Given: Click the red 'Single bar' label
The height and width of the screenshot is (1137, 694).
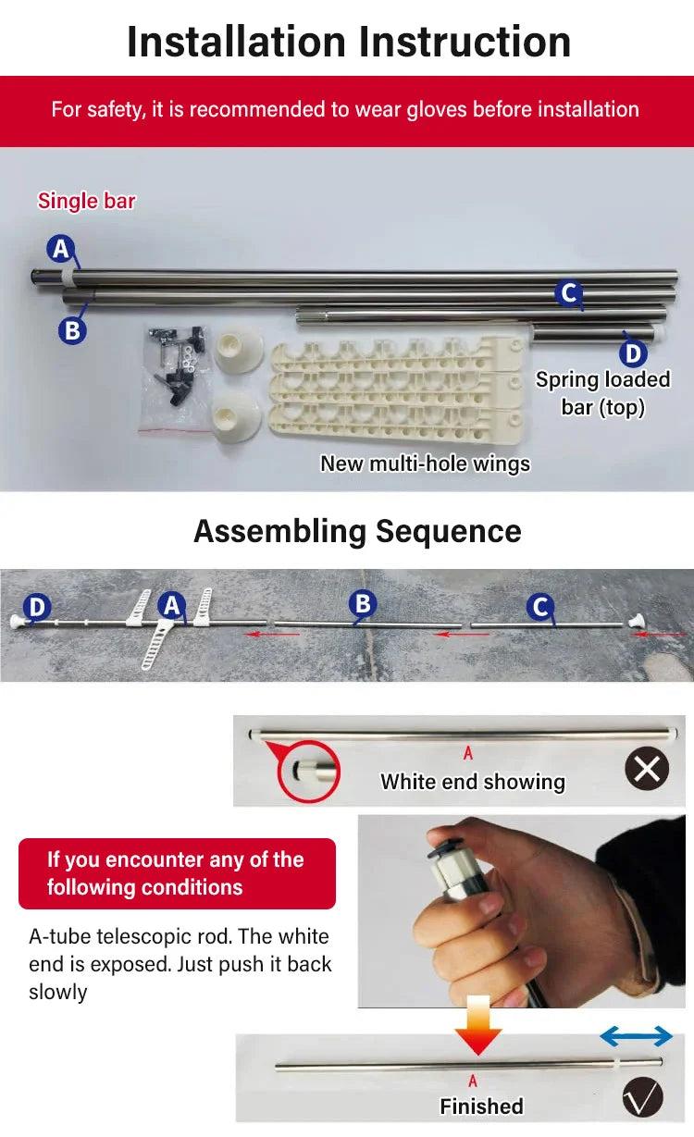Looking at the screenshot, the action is [86, 201].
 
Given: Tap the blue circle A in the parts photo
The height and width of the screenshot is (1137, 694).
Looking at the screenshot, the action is [61, 249].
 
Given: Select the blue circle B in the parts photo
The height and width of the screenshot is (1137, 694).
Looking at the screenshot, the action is [72, 330].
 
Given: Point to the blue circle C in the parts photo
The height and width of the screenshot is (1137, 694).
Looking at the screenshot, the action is [568, 293].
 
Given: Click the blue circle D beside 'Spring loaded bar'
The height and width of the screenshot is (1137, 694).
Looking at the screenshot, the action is [633, 353].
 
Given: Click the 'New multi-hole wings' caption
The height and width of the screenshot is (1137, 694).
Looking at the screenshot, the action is [425, 463].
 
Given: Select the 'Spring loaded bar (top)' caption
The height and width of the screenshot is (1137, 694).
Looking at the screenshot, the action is [602, 393].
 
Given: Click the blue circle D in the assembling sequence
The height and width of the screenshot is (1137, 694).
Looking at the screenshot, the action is [37, 607].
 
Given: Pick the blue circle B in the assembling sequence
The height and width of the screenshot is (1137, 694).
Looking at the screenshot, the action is [363, 603].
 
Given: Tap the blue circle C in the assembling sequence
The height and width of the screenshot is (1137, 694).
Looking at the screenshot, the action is [540, 607].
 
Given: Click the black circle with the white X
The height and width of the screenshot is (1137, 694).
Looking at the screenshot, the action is [647, 768].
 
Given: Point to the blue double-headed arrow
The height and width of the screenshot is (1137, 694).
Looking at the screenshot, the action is [636, 1036].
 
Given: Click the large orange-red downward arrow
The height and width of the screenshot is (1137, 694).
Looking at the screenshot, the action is [477, 1025].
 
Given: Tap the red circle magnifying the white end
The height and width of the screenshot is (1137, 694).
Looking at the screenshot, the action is [308, 772].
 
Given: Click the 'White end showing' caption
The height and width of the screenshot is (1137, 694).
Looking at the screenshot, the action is [473, 782].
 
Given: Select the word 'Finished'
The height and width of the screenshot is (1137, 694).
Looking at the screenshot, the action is [481, 1106].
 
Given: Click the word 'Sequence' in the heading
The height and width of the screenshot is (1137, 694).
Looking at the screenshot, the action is [448, 532].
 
